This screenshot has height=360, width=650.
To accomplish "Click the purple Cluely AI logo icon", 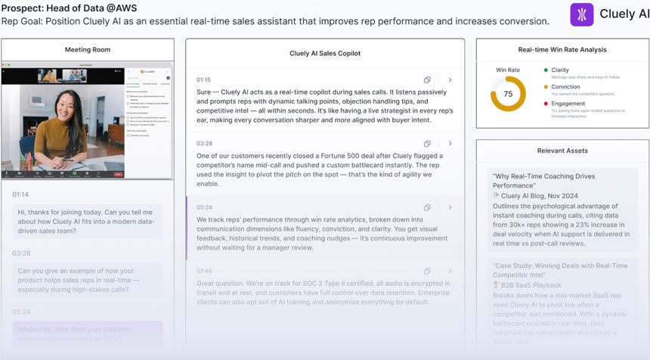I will pos(581,14).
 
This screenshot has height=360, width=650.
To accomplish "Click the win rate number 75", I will pos(508,95).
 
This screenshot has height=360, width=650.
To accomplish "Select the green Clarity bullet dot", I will pos(546,70).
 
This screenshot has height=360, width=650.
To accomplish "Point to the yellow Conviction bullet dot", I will pos(546,87).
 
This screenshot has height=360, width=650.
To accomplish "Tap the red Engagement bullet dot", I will pos(546,104).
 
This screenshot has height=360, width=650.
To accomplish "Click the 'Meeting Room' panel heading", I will pos(88,50).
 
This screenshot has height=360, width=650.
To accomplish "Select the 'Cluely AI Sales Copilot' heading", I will pos(325,54).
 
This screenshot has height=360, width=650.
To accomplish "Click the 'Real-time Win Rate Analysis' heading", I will pos(562,50).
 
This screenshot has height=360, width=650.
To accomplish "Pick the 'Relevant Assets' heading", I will pos(562,151).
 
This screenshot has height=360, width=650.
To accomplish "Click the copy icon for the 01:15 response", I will pos(427,79).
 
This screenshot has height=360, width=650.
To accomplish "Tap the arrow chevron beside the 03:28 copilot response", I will pos(450,144).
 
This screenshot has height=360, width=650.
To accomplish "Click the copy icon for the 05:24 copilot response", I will pos(427,207).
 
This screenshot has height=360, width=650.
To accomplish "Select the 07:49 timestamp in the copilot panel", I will pos(205,271).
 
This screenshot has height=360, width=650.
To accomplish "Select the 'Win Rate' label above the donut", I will pos(508,70).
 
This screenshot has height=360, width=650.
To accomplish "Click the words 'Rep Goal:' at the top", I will pos(20,21).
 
